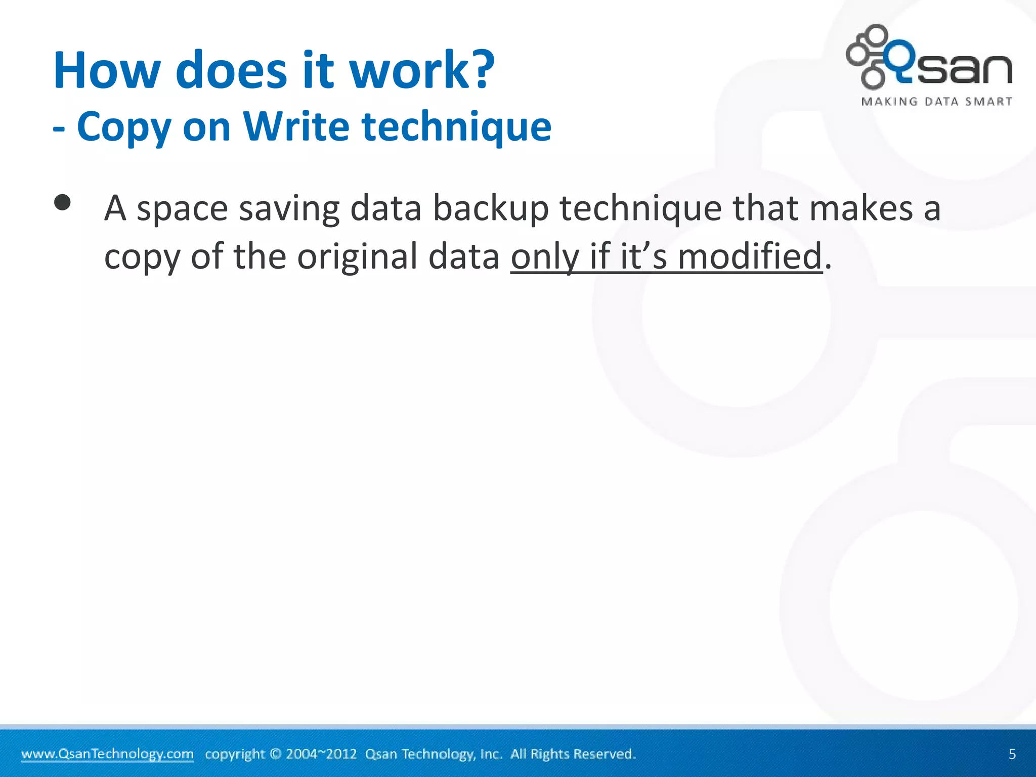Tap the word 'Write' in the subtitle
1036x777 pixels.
tap(296, 126)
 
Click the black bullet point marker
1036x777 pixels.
tap(62, 203)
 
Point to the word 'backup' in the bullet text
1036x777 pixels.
tap(491, 208)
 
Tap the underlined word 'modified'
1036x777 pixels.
tap(750, 256)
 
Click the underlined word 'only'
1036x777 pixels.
tap(544, 257)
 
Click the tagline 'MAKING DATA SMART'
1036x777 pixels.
tap(936, 102)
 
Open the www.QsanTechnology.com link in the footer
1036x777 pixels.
tap(107, 754)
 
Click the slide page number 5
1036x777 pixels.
tap(1012, 754)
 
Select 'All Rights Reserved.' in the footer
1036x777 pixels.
tap(573, 754)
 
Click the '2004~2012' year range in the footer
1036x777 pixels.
tap(321, 754)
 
